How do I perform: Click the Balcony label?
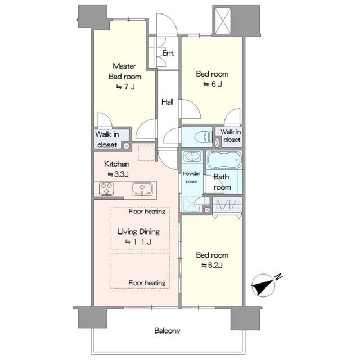click(x=167, y=331)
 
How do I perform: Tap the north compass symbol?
click(x=264, y=285)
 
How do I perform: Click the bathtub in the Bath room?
click(x=224, y=160)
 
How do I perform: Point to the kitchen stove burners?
click(x=106, y=189)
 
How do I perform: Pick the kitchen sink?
click(x=142, y=189)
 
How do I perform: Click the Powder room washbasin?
click(x=192, y=157)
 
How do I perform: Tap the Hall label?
click(x=168, y=102)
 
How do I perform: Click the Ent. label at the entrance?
click(x=168, y=53)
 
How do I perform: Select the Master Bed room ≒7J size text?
click(x=125, y=87)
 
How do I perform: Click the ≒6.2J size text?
click(x=212, y=265)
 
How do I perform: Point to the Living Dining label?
click(x=138, y=231)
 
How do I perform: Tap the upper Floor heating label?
click(x=147, y=211)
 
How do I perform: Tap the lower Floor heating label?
click(x=147, y=283)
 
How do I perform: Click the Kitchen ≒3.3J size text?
click(x=118, y=174)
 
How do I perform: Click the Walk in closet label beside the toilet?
click(x=231, y=136)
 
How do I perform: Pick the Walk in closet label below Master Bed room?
click(x=107, y=139)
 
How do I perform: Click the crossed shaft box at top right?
click(x=223, y=21)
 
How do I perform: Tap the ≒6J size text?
click(x=213, y=84)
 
